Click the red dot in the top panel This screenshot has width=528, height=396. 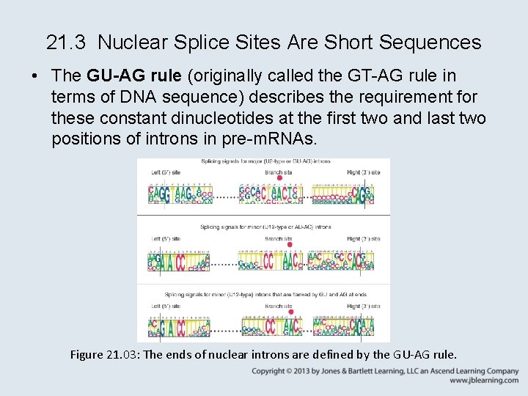pos(279,178)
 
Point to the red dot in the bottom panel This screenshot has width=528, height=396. pos(290,312)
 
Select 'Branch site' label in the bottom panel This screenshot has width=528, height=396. pos(279,305)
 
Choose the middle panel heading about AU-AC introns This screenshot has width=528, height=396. pos(265,227)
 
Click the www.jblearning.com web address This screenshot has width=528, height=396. pos(484,381)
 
